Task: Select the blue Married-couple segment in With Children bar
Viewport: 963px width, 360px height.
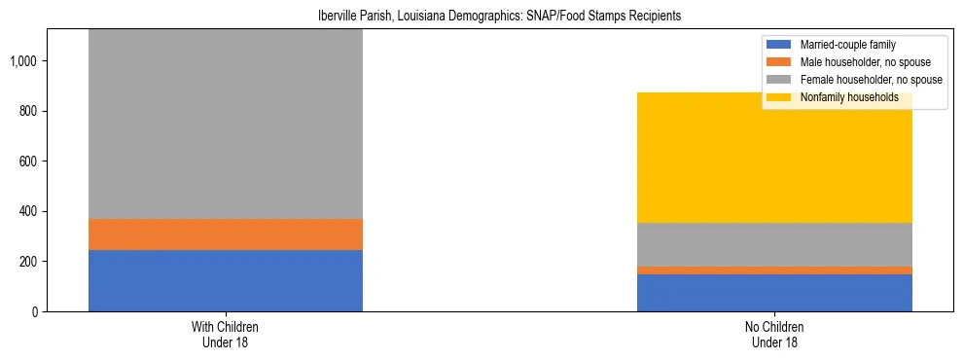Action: pos(226,280)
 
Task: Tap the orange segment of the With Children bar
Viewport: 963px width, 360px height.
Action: pos(226,234)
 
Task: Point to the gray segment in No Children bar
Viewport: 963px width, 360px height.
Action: pos(774,244)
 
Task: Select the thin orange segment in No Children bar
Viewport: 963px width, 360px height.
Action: pos(774,270)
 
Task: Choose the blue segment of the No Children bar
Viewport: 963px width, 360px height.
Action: pos(774,293)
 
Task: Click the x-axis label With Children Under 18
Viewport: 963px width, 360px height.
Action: pos(226,334)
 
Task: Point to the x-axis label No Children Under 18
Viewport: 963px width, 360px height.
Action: pos(774,334)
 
